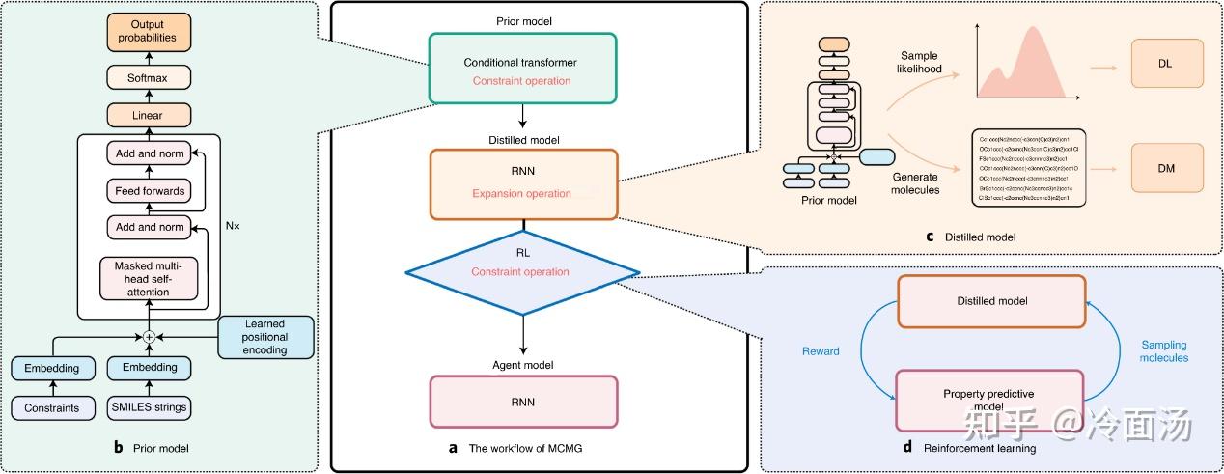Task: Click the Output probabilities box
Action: point(148,31)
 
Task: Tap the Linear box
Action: point(148,116)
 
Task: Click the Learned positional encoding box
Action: point(265,337)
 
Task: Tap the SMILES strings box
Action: point(148,408)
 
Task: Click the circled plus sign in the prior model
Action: point(149,338)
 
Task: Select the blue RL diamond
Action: point(521,272)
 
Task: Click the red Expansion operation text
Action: point(521,193)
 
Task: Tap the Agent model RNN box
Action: point(521,401)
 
